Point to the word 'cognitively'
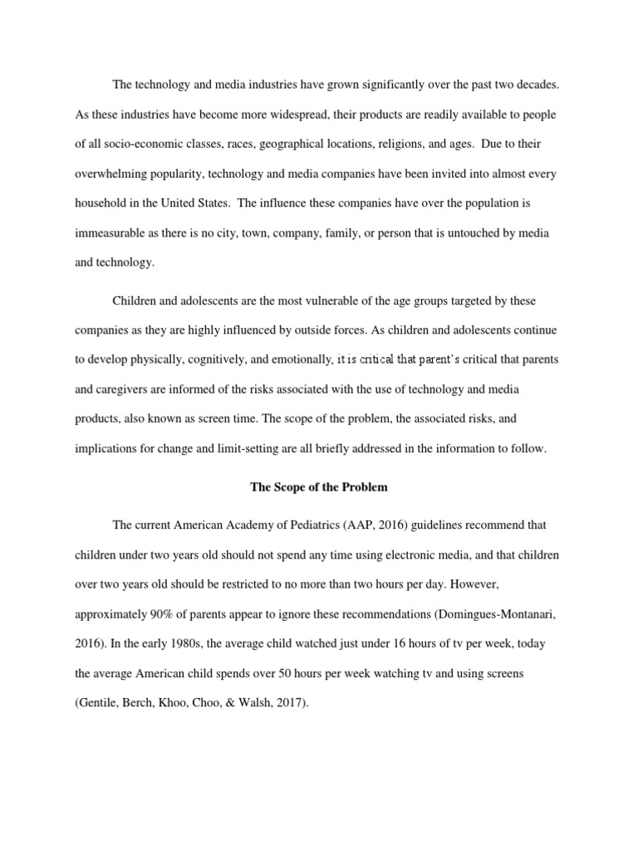(225, 359)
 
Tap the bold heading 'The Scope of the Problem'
(318, 487)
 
